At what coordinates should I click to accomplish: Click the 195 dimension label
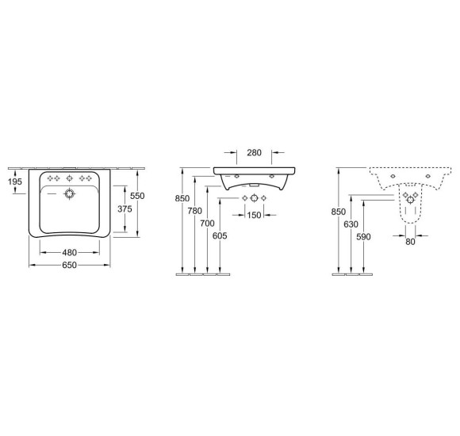pyautogui.click(x=15, y=183)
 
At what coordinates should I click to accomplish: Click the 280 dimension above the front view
pyautogui.click(x=254, y=152)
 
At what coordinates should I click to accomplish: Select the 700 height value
pyautogui.click(x=208, y=224)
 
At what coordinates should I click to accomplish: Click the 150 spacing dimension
pyautogui.click(x=253, y=216)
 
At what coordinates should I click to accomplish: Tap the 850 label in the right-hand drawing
pyautogui.click(x=340, y=212)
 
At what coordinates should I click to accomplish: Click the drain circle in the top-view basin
pyautogui.click(x=70, y=193)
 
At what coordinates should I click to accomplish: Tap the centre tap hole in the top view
pyautogui.click(x=69, y=178)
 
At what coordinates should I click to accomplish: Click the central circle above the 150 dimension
pyautogui.click(x=253, y=197)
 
